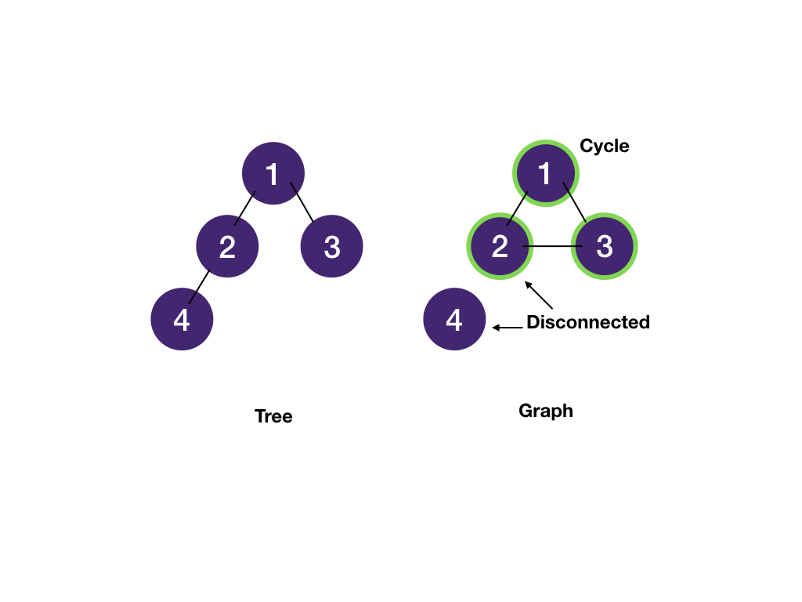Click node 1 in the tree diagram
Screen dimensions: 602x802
(273, 173)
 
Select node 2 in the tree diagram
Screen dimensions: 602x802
(227, 246)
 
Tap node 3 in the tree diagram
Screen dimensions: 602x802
(331, 246)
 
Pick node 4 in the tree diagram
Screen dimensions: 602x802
(182, 319)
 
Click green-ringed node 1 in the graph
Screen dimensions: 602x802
(545, 173)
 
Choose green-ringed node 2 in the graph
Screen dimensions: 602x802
(500, 246)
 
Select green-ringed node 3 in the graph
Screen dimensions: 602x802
(604, 246)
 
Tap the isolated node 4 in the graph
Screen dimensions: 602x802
(454, 319)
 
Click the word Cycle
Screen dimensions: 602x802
(604, 146)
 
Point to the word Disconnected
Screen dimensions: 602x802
(587, 322)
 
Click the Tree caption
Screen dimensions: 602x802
(273, 416)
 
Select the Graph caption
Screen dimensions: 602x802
(546, 411)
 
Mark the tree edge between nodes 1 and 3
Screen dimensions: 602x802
(302, 203)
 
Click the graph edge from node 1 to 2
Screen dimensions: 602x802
(518, 209)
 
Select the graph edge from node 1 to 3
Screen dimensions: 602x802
(575, 203)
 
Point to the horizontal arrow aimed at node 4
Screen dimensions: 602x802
(508, 328)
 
